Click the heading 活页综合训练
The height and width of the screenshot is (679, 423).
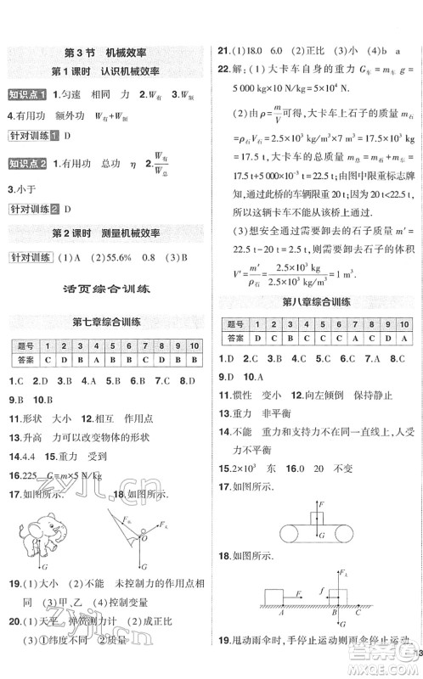pyautogui.click(x=106, y=289)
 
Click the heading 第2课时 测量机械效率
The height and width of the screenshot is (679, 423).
pyautogui.click(x=106, y=231)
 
